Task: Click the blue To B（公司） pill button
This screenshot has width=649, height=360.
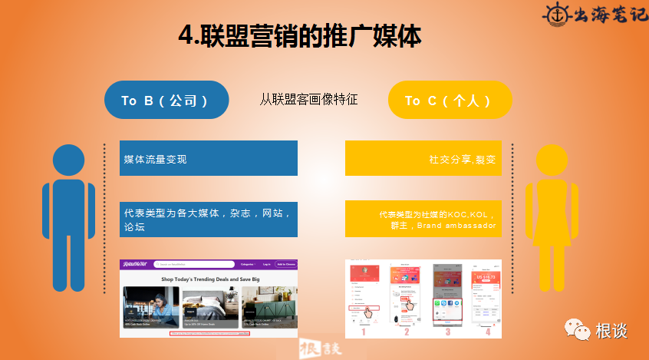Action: (x=166, y=100)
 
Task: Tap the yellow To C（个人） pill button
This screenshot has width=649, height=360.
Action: (x=450, y=100)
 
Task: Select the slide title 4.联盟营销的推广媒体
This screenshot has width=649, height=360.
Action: (x=299, y=35)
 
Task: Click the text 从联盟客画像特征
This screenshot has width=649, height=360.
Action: (x=308, y=100)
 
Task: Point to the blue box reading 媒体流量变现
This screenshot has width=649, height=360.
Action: (x=208, y=159)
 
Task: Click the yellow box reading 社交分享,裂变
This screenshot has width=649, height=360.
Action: (x=423, y=159)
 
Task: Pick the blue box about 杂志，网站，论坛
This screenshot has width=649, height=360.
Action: (x=208, y=219)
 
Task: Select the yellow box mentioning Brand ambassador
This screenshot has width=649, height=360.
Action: (x=423, y=219)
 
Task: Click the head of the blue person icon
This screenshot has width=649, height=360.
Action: (x=69, y=160)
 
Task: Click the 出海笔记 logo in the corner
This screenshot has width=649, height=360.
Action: (x=595, y=15)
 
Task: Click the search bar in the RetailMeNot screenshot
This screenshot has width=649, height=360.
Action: (x=195, y=264)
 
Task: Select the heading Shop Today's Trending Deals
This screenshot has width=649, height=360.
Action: (x=209, y=280)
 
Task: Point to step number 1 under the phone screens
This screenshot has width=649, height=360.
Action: (x=363, y=332)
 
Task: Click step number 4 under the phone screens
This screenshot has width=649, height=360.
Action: (x=487, y=332)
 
